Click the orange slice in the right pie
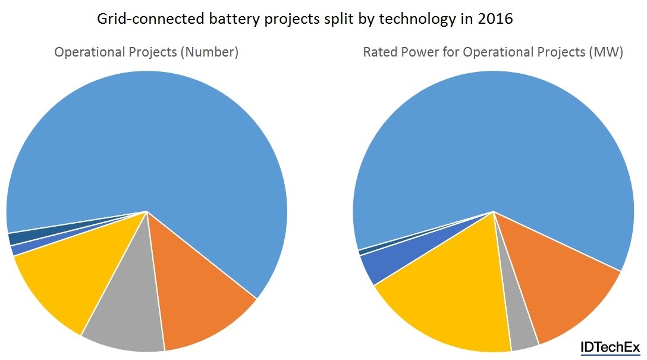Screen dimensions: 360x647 coord(559,292)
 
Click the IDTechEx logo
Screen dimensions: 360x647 coord(610,348)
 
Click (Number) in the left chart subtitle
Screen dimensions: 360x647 coord(211,52)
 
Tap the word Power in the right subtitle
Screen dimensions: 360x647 coord(418,52)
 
